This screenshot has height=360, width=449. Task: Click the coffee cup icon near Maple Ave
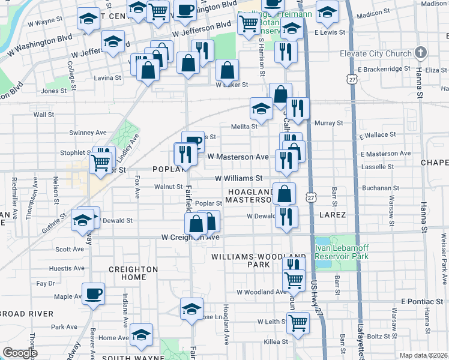[x=93, y=295]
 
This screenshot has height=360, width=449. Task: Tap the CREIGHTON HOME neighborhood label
[x=133, y=274]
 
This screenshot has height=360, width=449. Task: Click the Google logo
[x=20, y=353]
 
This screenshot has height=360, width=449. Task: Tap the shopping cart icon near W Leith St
[x=298, y=323]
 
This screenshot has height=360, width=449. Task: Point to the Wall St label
[x=44, y=114]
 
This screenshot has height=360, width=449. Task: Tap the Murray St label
[x=328, y=122]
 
